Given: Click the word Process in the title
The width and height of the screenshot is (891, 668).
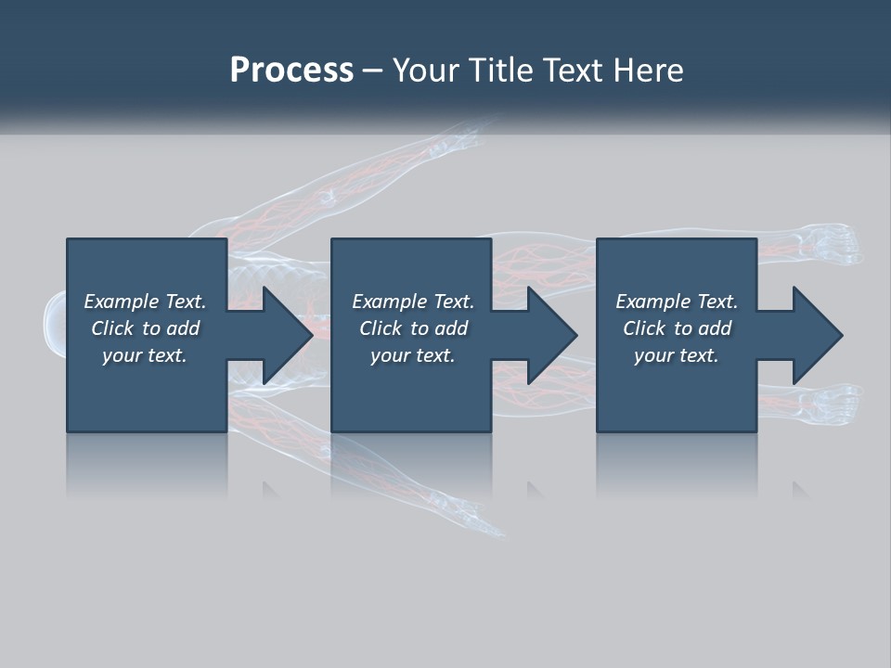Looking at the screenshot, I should (291, 71).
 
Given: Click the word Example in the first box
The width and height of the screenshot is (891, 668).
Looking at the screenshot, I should (122, 302).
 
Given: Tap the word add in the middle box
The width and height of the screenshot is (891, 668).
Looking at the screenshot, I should (450, 328).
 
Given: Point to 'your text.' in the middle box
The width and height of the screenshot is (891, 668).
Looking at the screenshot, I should (412, 355).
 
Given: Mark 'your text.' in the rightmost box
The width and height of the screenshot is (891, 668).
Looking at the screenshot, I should (676, 355).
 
